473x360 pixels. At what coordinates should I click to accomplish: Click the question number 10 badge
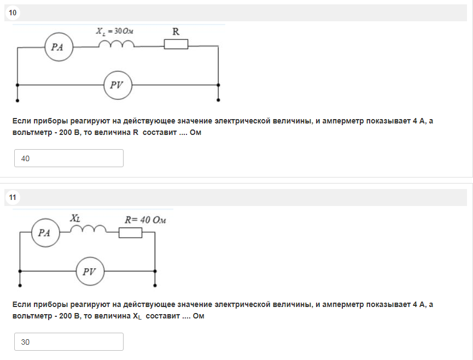13,13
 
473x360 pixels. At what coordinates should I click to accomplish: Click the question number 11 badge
13,197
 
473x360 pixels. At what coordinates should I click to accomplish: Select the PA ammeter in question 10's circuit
59,47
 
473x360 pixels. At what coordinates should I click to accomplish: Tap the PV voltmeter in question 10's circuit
118,85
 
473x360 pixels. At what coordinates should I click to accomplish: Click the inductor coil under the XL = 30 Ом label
116,44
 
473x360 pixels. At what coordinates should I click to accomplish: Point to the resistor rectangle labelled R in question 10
176,44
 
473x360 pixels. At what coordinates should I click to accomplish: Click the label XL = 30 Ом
115,31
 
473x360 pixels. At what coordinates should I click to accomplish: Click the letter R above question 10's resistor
176,31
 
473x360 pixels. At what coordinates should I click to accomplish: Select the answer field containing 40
69,158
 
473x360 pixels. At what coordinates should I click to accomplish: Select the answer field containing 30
69,341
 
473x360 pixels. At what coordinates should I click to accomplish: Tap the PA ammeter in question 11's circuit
45,233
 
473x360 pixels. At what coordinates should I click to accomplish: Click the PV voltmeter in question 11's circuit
90,272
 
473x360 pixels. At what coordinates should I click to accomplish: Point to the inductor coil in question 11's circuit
89,229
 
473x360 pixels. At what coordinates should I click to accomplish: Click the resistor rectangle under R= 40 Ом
130,233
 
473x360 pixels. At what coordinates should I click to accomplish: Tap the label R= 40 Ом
145,220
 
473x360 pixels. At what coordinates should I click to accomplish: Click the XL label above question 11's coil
75,218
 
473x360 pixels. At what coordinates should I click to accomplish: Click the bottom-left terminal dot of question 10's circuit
17,101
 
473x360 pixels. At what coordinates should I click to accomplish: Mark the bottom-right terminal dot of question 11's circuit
155,285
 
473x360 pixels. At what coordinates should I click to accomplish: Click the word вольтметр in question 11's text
32,316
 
